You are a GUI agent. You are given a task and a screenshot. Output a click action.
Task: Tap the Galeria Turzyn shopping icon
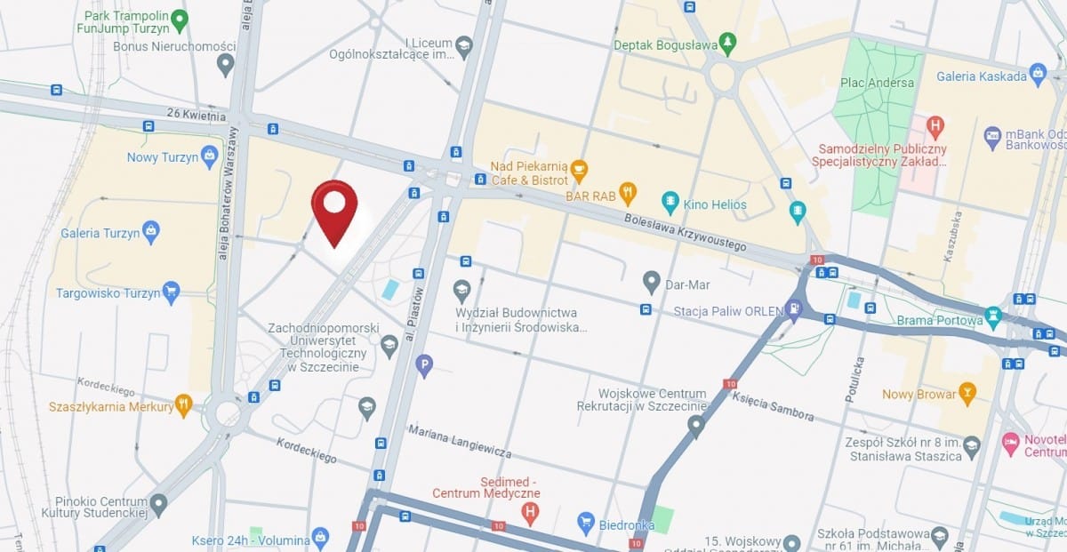pos(151,232)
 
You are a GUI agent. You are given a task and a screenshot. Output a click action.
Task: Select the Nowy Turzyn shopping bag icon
pos(210,156)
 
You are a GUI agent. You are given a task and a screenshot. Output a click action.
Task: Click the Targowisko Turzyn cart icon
pos(171,292)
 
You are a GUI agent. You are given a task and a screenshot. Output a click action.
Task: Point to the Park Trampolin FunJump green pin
pos(180,19)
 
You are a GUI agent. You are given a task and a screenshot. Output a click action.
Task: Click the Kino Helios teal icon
pos(670,204)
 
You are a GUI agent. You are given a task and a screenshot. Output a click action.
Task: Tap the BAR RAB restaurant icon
pos(629,190)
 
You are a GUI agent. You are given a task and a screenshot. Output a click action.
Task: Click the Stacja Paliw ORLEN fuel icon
pos(794,311)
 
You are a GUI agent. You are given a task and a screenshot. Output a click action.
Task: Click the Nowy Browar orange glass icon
pos(967,392)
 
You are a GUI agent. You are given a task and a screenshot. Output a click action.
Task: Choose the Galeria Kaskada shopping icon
pos(1037,75)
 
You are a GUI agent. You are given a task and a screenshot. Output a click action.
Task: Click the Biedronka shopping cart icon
pos(585,523)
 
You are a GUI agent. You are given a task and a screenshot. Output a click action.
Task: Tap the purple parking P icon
pos(425,364)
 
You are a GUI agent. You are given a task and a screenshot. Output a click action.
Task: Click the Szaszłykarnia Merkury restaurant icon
pos(183,404)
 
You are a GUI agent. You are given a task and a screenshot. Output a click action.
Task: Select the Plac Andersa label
pos(877,83)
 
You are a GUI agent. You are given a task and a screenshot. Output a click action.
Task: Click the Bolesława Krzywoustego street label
pos(684,231)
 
